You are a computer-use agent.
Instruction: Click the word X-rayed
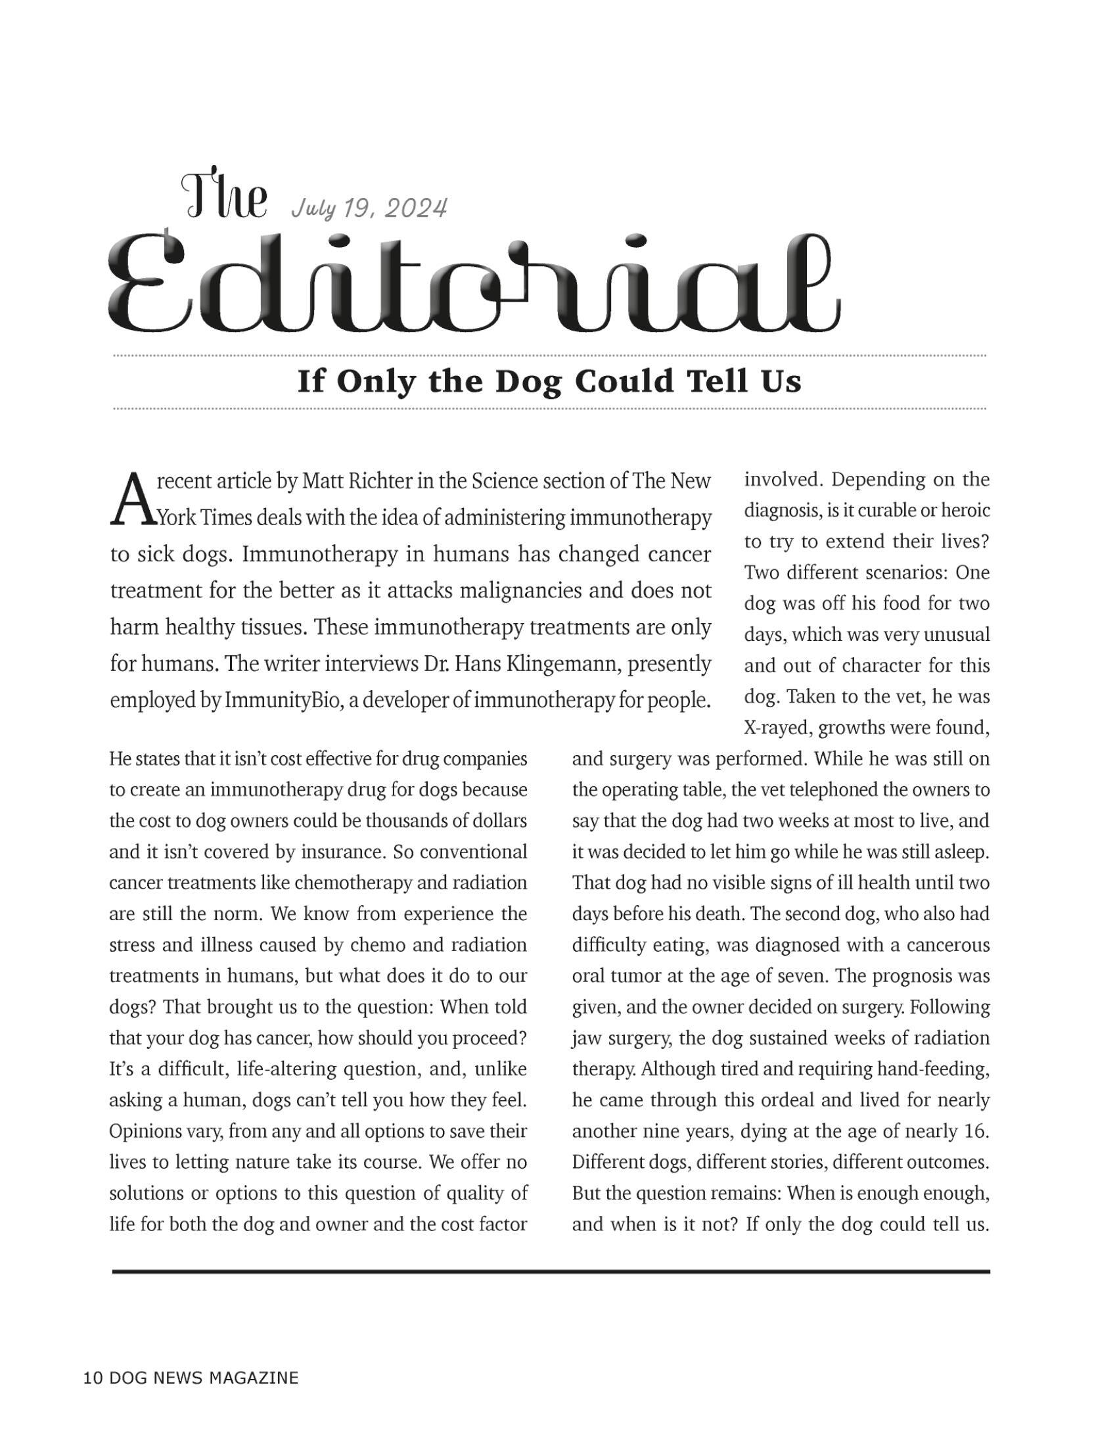(x=777, y=728)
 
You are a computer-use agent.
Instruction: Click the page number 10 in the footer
(x=93, y=1378)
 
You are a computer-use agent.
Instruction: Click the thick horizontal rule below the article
(x=551, y=1272)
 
